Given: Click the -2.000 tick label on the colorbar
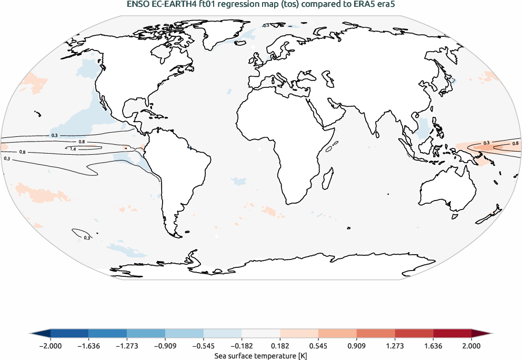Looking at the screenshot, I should tap(51, 346).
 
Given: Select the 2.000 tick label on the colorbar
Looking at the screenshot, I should tap(471, 346).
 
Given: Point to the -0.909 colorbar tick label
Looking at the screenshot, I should tap(165, 346).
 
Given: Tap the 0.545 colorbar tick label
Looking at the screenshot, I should tap(318, 346).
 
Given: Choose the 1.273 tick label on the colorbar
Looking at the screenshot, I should tap(395, 346).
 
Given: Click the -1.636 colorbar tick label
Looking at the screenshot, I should tap(88, 346).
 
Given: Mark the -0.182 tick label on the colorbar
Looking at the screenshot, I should tap(242, 346).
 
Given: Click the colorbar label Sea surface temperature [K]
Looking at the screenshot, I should tap(260, 356).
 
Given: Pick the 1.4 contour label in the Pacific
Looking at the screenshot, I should tap(73, 149).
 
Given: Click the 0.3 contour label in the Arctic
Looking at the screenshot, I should tap(265, 25).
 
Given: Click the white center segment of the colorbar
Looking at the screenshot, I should tap(261, 334).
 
